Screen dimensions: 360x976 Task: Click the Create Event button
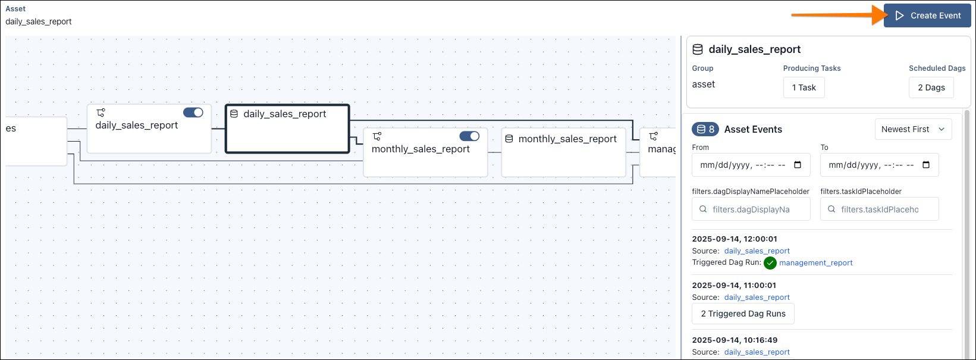(927, 15)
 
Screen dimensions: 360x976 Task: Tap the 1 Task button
(804, 87)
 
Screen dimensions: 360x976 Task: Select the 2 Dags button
(931, 87)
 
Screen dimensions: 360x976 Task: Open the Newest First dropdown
(913, 129)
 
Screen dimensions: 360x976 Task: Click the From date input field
(751, 165)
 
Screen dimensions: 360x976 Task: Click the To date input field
(879, 165)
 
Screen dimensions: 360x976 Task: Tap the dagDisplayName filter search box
(751, 209)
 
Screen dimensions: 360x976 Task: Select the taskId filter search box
(880, 209)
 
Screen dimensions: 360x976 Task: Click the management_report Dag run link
(816, 262)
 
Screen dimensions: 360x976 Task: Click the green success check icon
(770, 263)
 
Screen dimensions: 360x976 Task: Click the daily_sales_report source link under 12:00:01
(757, 251)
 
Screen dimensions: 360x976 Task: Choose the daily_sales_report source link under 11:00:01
(757, 298)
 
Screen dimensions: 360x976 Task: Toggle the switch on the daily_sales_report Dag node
(193, 112)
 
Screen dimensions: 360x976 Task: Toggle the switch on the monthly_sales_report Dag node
(470, 136)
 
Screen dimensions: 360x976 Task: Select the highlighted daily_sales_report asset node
(287, 129)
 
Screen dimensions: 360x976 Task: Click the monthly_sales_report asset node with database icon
(563, 152)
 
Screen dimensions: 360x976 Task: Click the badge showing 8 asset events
(705, 129)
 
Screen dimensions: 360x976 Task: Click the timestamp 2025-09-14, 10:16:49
(735, 340)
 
